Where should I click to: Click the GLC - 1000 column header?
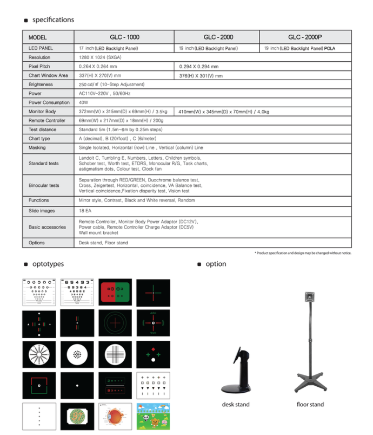point(124,37)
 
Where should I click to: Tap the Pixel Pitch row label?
point(40,66)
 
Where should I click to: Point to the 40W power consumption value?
point(84,102)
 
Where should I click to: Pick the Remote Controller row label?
point(47,120)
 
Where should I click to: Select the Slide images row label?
point(42,211)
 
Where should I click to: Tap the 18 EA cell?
point(85,211)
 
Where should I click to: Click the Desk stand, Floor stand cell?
point(103,243)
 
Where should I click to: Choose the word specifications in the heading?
point(53,20)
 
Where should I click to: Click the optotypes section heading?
point(48,264)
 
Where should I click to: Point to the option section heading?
point(216,264)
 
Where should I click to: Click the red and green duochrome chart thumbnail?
point(115,293)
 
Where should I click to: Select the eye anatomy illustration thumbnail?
point(115,416)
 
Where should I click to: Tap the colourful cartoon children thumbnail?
point(152,416)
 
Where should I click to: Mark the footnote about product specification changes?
point(303,253)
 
